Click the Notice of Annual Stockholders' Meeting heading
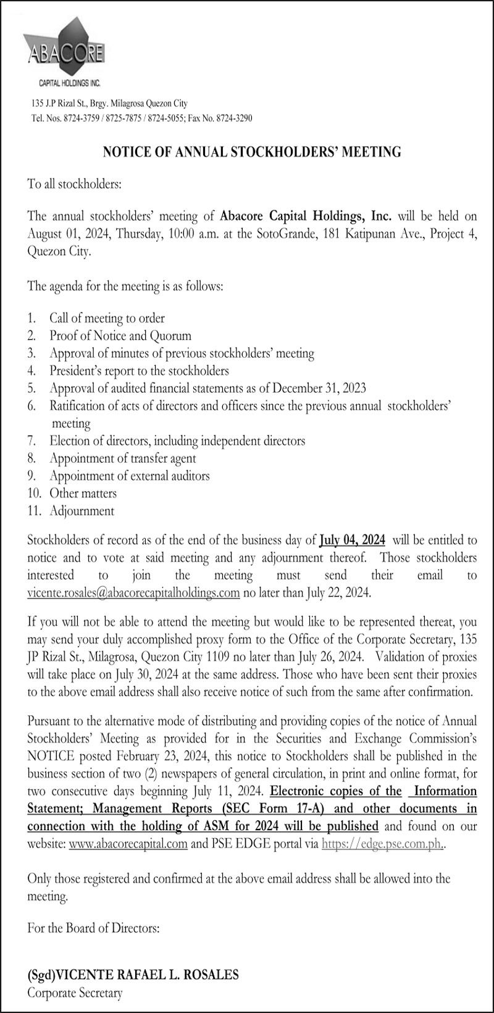click(x=251, y=151)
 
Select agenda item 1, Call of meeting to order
click(x=107, y=318)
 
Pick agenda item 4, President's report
click(x=139, y=371)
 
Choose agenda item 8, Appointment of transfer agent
click(x=122, y=458)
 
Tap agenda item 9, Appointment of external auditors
click(x=129, y=476)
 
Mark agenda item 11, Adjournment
click(x=82, y=511)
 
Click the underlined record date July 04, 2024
click(x=352, y=540)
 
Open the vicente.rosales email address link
click(x=133, y=593)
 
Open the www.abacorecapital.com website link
click(x=128, y=844)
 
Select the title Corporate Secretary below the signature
click(x=75, y=993)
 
